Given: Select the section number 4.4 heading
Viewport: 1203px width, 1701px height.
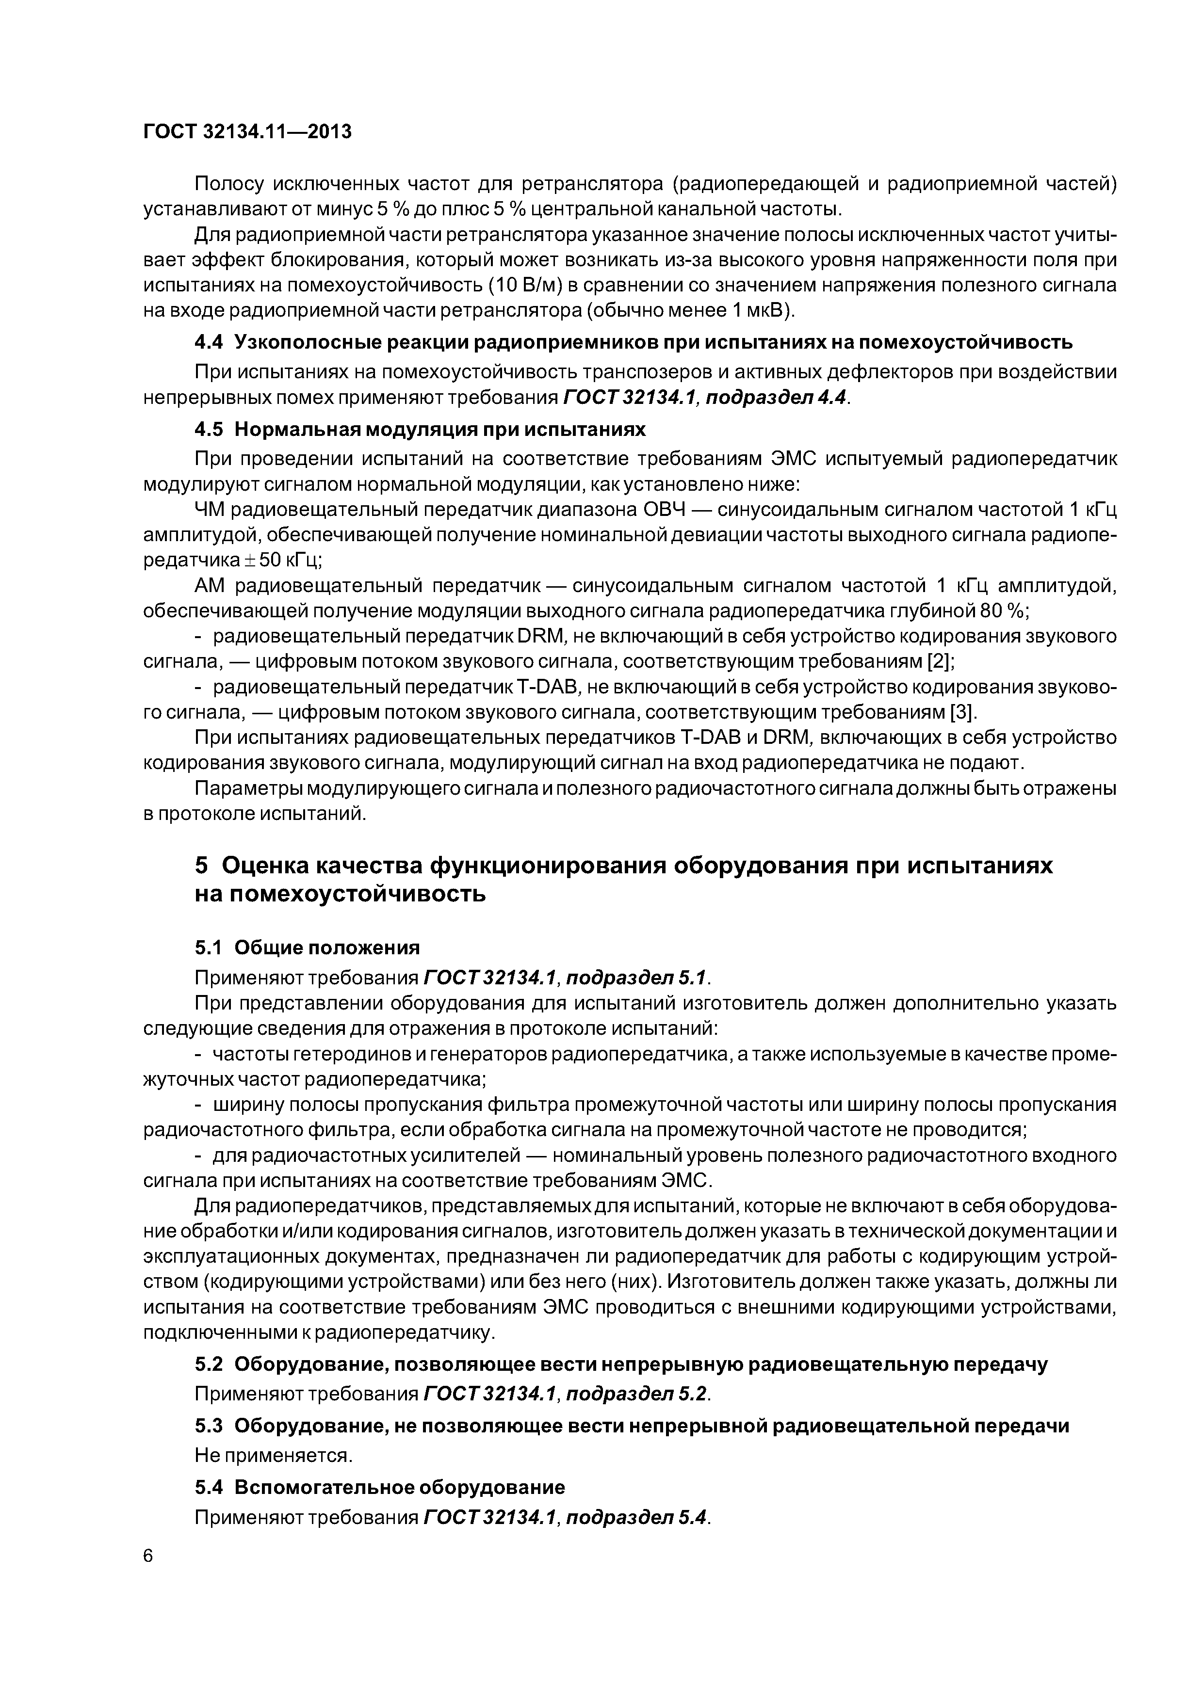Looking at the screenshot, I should pyautogui.click(x=211, y=342).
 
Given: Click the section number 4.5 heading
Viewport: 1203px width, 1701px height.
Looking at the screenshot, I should pyautogui.click(x=211, y=430).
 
